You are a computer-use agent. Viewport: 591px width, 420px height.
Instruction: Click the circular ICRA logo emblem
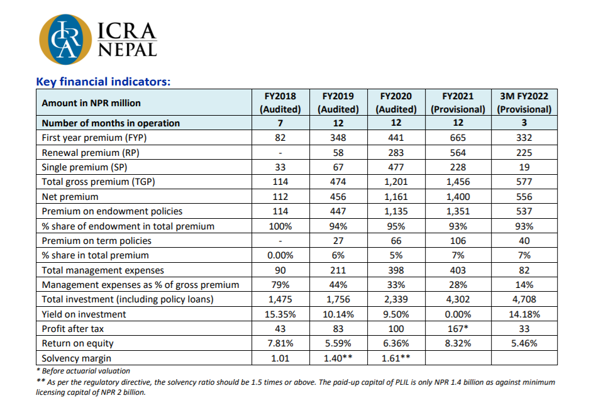pyautogui.click(x=65, y=39)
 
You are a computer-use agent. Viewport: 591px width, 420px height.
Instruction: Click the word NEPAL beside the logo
pyautogui.click(x=128, y=50)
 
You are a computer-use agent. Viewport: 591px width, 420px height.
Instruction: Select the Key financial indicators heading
pyautogui.click(x=103, y=82)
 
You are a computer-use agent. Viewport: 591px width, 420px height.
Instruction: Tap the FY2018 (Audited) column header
pyautogui.click(x=280, y=102)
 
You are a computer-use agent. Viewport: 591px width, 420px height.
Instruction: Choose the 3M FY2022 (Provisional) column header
pyautogui.click(x=524, y=102)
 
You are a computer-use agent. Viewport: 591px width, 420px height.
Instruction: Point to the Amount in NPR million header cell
pyautogui.click(x=91, y=103)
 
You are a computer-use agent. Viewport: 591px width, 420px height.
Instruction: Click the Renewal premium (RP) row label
pyautogui.click(x=91, y=153)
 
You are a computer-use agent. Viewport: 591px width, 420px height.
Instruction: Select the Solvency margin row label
pyautogui.click(x=77, y=358)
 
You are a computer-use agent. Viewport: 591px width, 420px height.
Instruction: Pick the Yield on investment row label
pyautogui.click(x=84, y=314)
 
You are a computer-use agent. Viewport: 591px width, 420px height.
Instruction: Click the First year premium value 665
pyautogui.click(x=458, y=138)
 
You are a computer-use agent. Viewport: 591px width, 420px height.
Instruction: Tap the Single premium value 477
pyautogui.click(x=395, y=167)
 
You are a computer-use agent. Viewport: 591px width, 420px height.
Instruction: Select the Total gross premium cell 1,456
pyautogui.click(x=458, y=182)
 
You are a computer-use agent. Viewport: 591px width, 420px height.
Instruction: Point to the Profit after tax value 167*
pyautogui.click(x=458, y=329)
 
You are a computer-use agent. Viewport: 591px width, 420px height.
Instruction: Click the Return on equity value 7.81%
pyautogui.click(x=280, y=343)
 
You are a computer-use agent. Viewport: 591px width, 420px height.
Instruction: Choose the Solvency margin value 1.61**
pyautogui.click(x=395, y=358)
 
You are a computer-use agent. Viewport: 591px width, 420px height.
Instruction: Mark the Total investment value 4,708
pyautogui.click(x=524, y=299)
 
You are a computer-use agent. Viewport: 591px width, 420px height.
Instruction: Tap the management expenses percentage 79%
pyautogui.click(x=280, y=285)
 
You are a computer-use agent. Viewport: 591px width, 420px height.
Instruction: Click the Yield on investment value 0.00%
pyautogui.click(x=458, y=314)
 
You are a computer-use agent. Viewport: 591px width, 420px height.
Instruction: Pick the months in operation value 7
pyautogui.click(x=280, y=123)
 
